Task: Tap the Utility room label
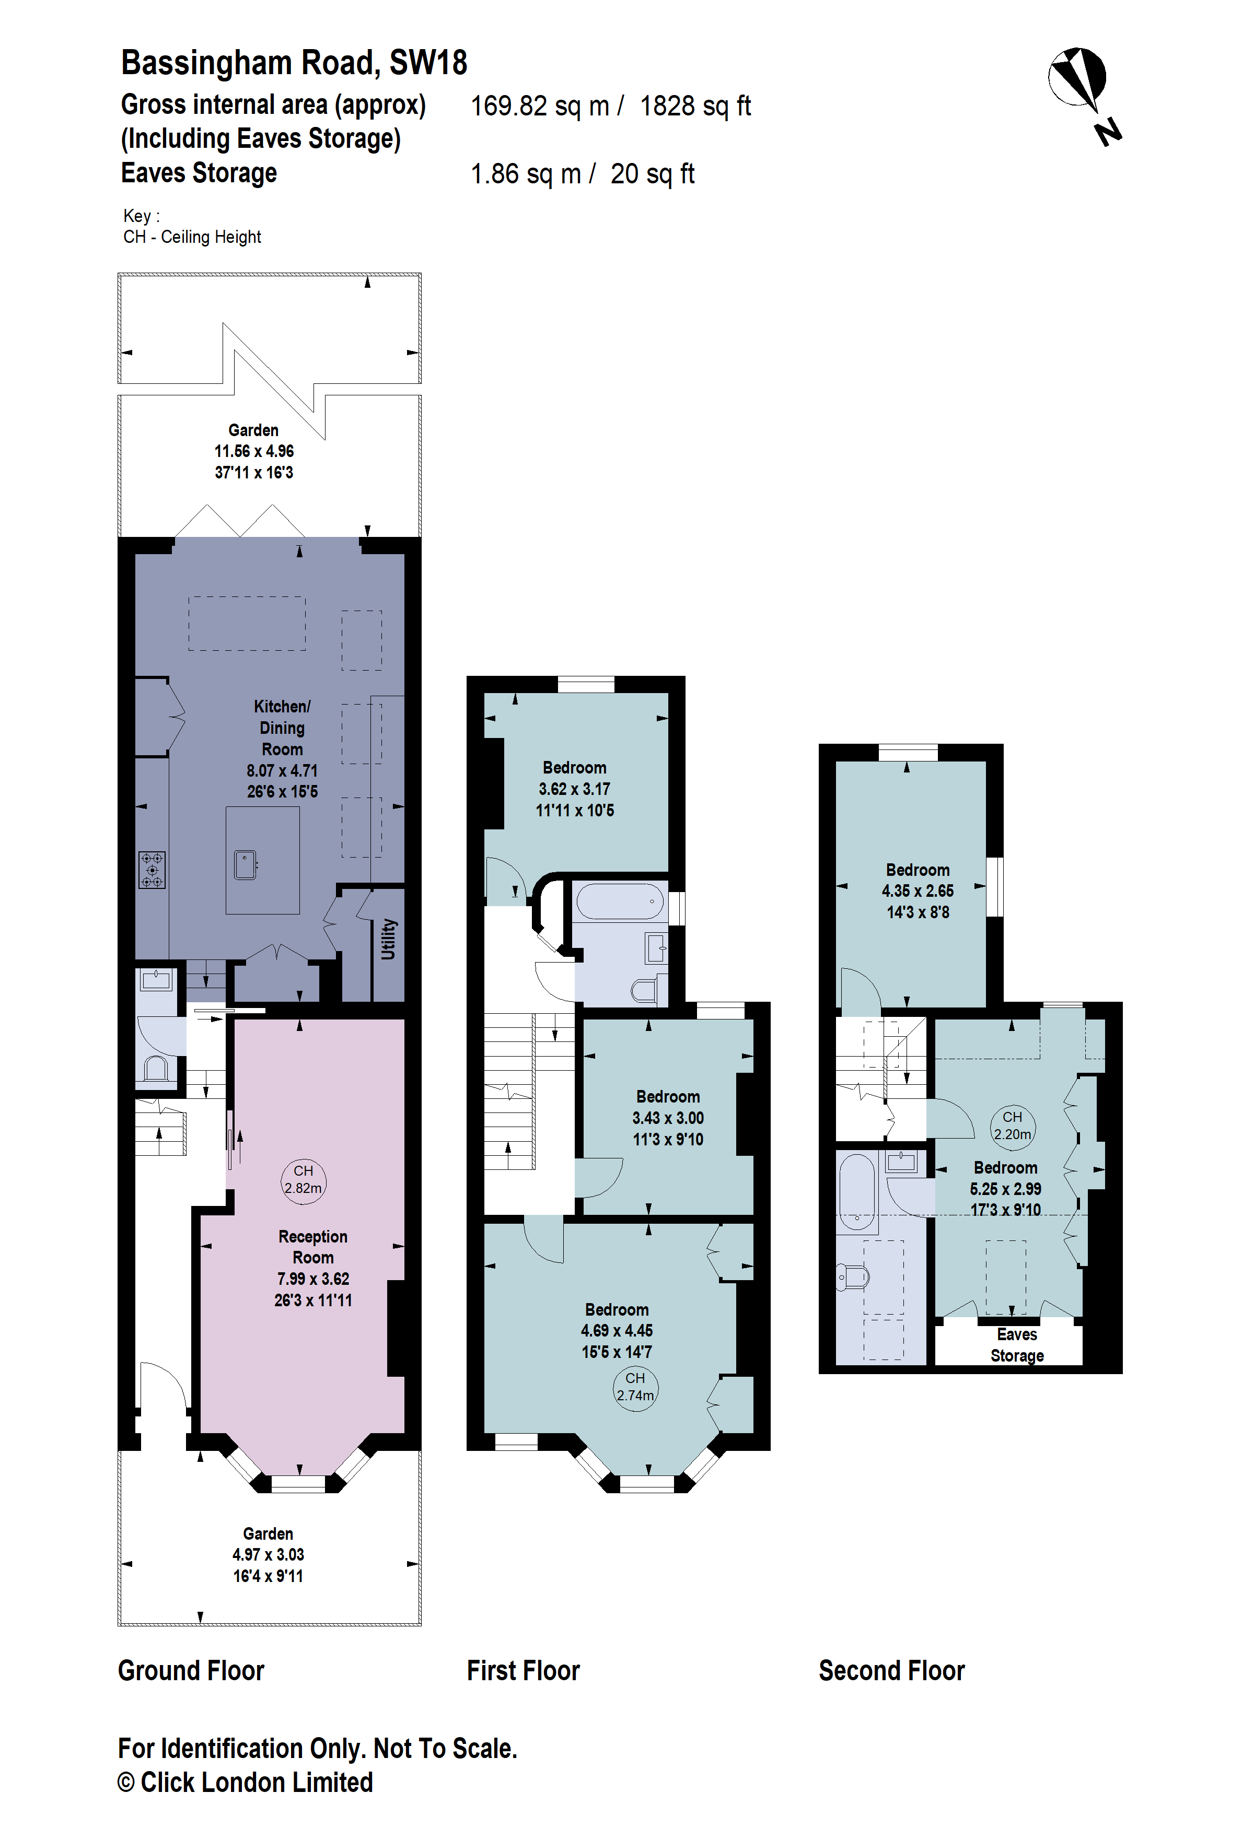click(388, 939)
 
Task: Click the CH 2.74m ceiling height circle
click(635, 1388)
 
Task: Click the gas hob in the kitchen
click(152, 870)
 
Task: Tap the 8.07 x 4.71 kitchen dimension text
click(282, 771)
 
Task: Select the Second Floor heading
click(891, 1671)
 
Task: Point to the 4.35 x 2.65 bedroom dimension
click(918, 891)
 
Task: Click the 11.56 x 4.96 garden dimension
click(254, 451)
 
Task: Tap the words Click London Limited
click(257, 1783)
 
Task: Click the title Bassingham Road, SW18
click(294, 63)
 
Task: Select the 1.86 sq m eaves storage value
click(525, 174)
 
